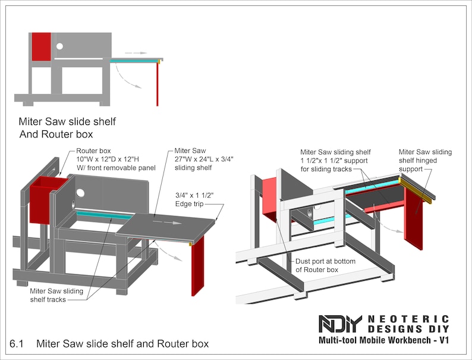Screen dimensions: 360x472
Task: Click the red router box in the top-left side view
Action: point(41,46)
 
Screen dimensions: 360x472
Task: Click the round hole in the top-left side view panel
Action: point(59,46)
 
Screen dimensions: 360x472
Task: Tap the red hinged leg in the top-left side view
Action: point(158,83)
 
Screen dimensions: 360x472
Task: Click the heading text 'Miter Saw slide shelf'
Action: point(67,122)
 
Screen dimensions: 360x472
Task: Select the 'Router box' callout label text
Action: point(94,151)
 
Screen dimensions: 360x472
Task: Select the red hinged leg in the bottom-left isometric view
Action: point(197,265)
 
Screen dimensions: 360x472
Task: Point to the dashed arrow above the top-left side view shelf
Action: point(136,53)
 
